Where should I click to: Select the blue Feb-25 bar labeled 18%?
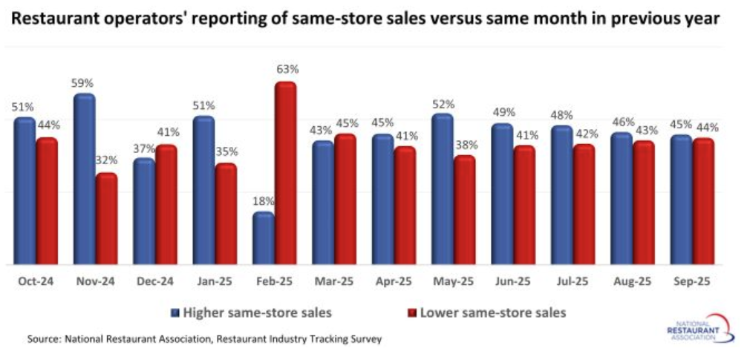[263, 238]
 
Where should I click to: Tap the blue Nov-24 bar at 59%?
[84, 179]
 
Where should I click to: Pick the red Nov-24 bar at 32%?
[106, 219]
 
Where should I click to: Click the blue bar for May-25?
[442, 189]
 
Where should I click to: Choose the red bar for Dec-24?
[166, 205]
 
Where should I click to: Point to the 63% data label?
[287, 70]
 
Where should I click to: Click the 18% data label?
[264, 200]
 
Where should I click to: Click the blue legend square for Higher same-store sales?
[177, 312]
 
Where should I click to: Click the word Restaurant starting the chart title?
[53, 19]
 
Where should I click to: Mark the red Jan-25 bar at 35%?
[226, 214]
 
